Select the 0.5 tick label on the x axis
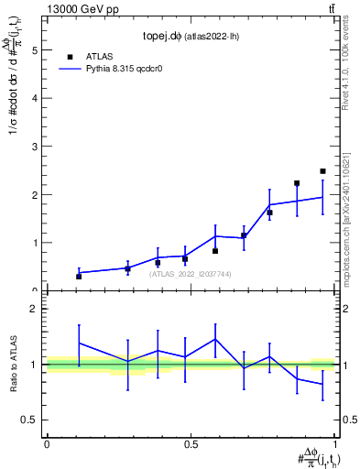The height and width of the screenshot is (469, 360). click(191, 444)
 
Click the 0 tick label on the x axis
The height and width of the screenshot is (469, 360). click(47, 444)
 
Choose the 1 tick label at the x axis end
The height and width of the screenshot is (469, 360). click(335, 444)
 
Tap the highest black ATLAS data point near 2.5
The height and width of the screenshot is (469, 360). click(322, 171)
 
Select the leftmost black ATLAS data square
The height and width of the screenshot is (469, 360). click(79, 276)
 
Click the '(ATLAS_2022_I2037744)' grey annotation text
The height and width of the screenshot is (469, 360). click(191, 273)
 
